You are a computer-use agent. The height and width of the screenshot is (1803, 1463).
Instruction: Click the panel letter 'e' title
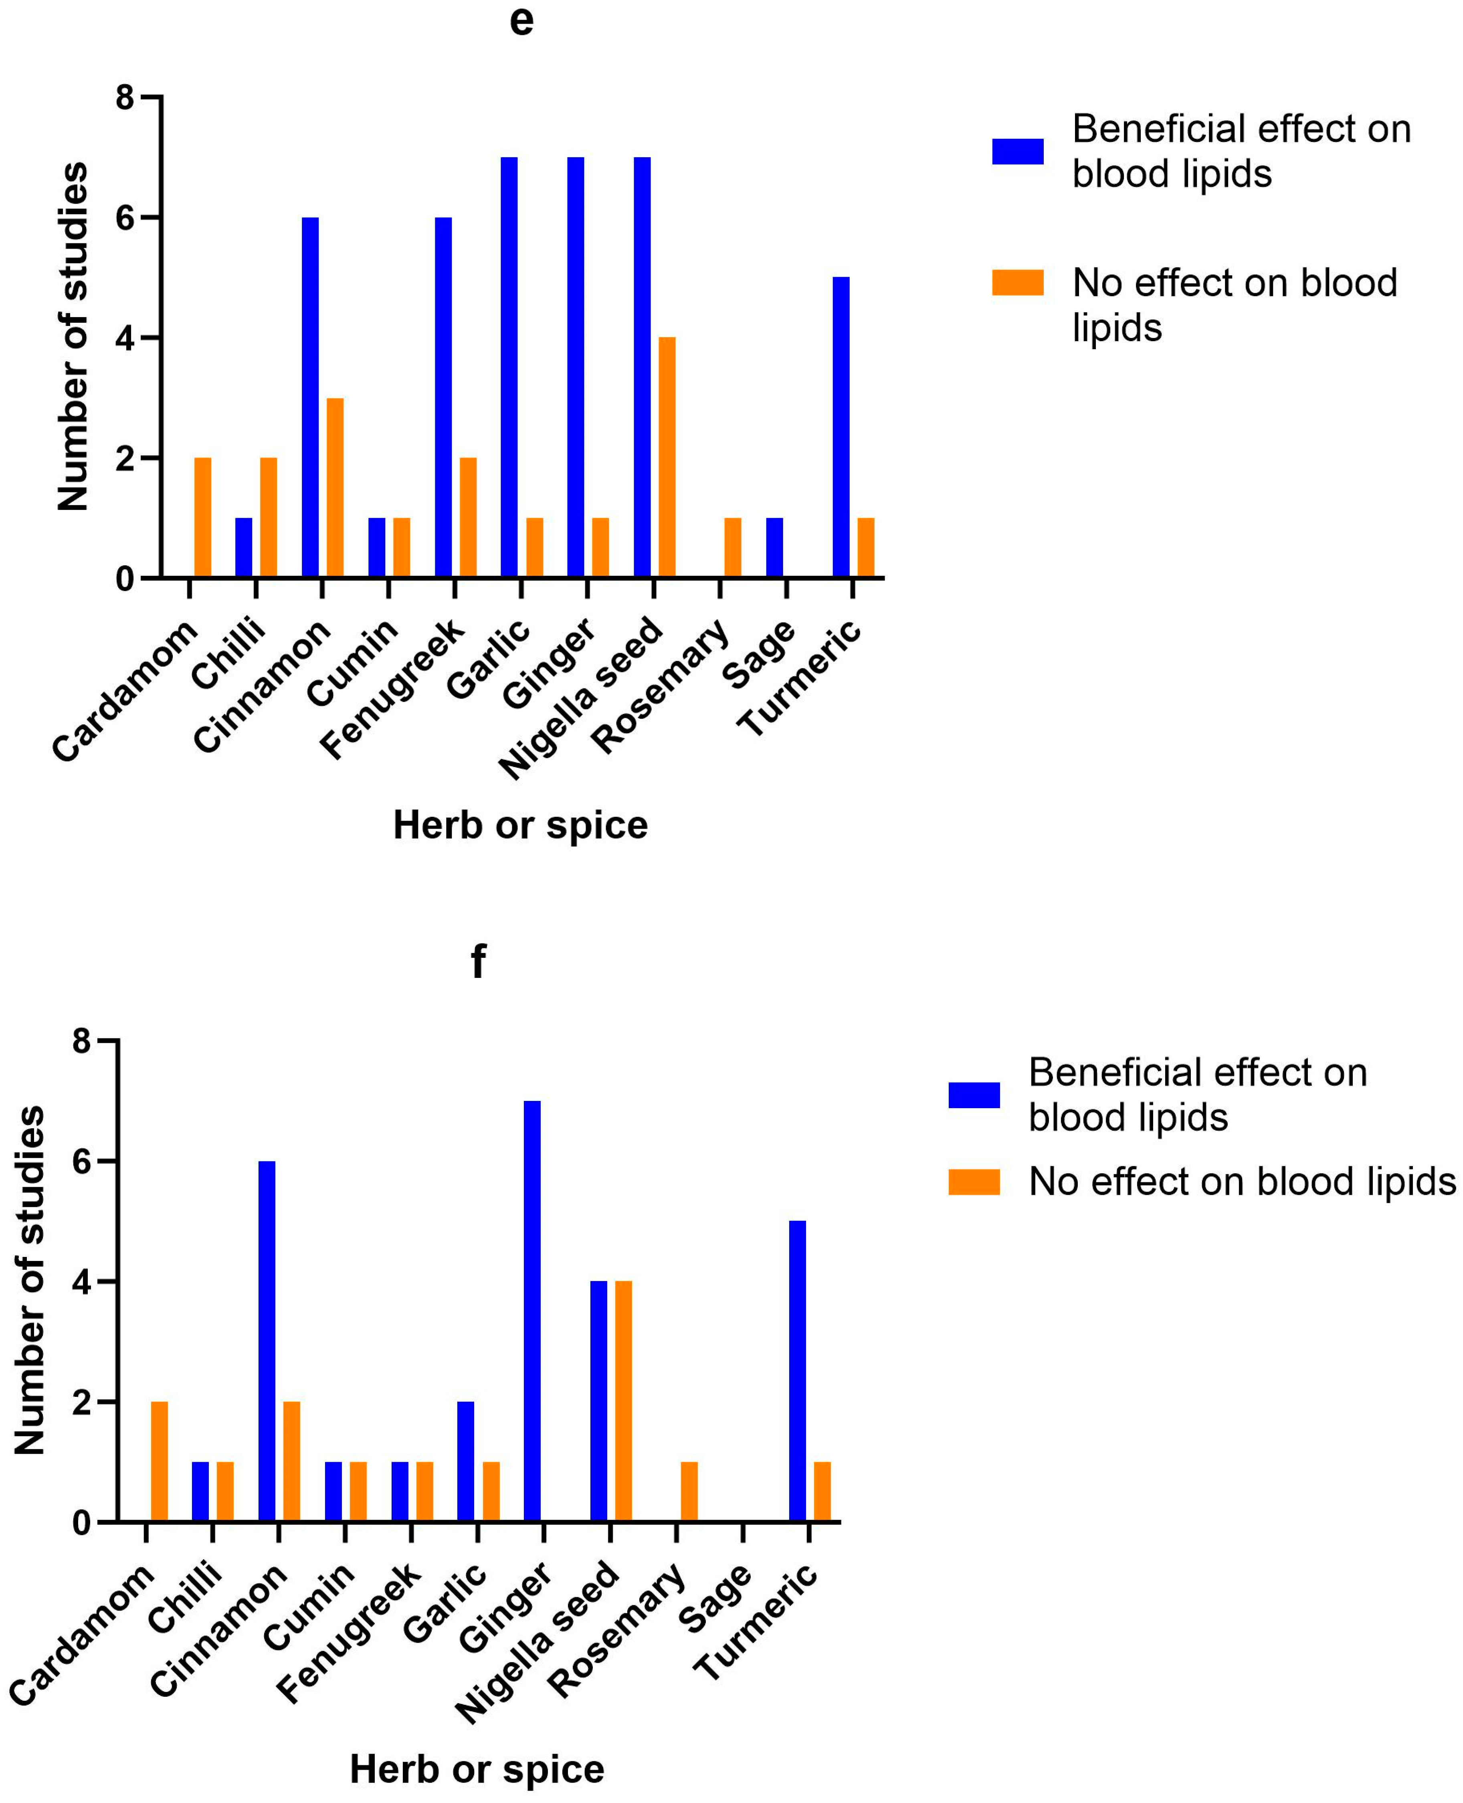coord(521,21)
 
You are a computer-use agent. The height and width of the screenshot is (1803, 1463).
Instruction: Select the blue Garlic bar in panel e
coord(509,368)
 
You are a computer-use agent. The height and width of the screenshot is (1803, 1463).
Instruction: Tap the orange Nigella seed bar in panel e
coord(667,458)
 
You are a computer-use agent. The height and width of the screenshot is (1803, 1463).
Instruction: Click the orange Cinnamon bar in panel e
coord(335,488)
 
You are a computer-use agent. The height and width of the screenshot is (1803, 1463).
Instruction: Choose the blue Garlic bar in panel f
coord(466,1462)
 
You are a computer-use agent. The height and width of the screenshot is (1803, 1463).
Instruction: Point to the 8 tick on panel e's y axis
coord(126,98)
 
